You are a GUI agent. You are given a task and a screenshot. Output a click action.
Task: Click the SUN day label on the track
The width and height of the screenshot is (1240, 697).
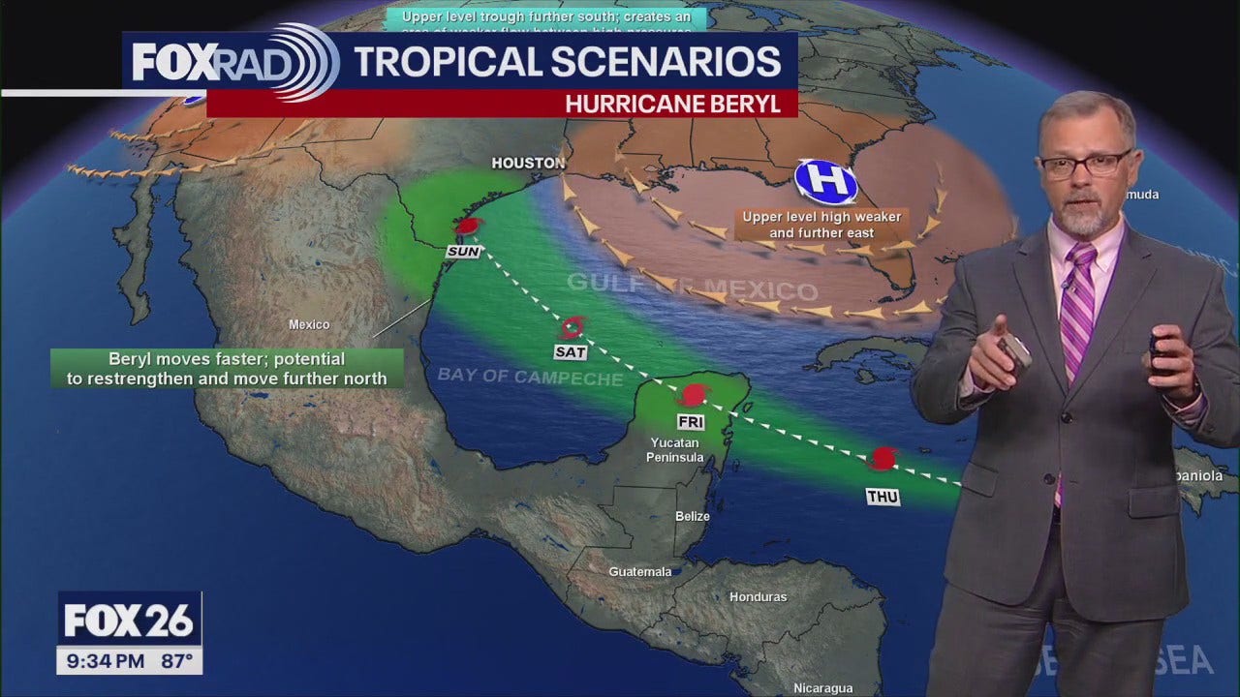click(463, 252)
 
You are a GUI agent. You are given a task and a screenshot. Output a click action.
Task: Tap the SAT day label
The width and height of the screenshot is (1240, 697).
click(570, 352)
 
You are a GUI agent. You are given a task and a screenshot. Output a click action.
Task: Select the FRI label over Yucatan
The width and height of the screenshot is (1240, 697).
click(691, 423)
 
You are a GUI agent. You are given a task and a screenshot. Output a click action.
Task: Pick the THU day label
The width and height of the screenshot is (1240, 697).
click(883, 498)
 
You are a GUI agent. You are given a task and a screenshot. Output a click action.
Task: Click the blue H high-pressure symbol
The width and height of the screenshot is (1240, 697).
click(825, 181)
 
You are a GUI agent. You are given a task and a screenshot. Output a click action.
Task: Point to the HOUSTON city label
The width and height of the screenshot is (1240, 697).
click(528, 163)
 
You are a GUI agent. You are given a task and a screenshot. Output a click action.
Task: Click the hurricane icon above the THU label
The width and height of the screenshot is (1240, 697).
click(883, 457)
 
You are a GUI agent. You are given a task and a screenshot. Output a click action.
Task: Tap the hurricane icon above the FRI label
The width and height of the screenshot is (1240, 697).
click(694, 394)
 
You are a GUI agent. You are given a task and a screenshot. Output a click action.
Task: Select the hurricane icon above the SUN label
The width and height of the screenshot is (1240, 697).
click(469, 227)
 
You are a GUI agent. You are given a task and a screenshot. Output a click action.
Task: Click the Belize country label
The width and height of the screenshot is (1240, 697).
click(693, 517)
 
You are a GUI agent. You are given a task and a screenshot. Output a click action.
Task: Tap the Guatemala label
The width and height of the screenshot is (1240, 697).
click(639, 572)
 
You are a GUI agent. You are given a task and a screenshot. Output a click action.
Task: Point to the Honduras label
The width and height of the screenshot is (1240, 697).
click(758, 597)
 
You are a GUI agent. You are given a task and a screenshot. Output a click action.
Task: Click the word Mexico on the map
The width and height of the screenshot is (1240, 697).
click(309, 325)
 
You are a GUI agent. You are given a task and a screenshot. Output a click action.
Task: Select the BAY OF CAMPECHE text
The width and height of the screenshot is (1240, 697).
click(530, 376)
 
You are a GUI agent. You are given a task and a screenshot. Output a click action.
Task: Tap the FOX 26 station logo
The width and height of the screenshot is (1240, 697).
click(129, 620)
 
